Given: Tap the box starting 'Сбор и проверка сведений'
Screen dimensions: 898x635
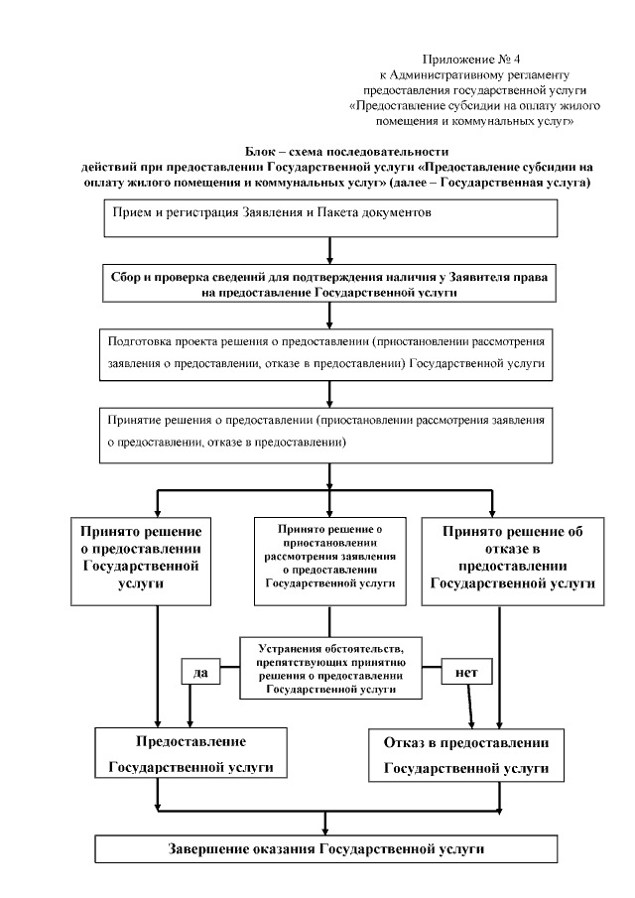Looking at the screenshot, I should (326, 286).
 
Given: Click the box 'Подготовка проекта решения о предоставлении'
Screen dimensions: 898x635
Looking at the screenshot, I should (326, 352).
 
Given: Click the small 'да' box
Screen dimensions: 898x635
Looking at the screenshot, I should (199, 672).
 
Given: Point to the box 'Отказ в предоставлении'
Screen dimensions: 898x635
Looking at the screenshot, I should (465, 755).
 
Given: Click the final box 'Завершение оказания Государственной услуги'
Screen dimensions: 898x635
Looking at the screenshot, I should (326, 850).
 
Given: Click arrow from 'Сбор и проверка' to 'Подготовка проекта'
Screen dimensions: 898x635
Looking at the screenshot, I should (326, 317).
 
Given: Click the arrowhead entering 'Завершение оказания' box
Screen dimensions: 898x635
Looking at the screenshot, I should (326, 830).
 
